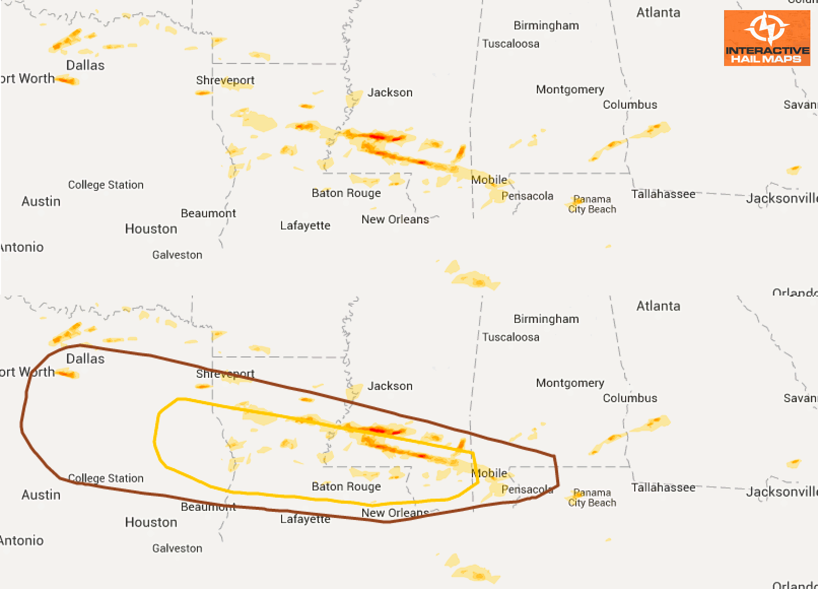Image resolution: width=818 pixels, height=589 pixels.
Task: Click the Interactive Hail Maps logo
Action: tap(767, 38)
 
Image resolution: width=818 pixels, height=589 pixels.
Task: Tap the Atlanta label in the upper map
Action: tap(658, 13)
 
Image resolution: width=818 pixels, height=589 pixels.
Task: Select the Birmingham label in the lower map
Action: tap(546, 319)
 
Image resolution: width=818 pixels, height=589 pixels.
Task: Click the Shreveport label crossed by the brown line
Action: tap(225, 374)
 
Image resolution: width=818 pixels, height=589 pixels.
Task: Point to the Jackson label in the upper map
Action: tap(390, 92)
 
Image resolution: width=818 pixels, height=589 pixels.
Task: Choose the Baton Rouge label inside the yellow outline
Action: tap(346, 486)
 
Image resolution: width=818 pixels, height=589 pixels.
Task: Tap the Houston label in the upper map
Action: tap(151, 229)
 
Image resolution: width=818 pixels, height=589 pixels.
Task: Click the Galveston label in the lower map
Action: tap(177, 548)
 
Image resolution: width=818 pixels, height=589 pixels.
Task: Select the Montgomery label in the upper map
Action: tap(570, 89)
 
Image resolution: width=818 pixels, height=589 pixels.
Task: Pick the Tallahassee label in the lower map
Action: tap(663, 487)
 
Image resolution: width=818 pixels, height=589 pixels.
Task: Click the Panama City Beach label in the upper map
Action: tap(592, 204)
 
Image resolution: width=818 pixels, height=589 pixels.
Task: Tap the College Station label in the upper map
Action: tap(106, 185)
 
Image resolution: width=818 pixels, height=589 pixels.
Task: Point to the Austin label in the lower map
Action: tap(41, 495)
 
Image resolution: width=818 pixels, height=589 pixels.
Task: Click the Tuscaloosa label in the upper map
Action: tap(510, 44)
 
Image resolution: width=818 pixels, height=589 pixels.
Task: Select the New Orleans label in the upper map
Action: tap(395, 219)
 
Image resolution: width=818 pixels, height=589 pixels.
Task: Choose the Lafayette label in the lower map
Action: tap(305, 519)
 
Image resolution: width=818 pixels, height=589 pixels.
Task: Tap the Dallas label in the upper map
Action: tap(85, 66)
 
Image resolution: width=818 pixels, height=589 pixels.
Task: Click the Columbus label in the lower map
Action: tap(630, 398)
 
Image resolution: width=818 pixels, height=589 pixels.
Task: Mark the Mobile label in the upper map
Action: tap(489, 180)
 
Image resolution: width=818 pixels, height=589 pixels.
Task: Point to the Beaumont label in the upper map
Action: tap(208, 213)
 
